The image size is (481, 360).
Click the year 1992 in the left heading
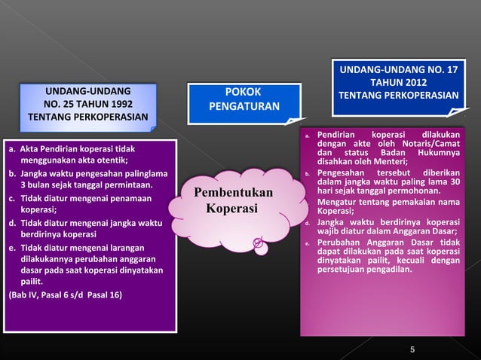pyautogui.click(x=123, y=105)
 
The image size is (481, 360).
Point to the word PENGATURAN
pyautogui.click(x=244, y=107)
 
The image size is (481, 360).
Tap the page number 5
pyautogui.click(x=412, y=349)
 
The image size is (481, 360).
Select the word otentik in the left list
pyautogui.click(x=109, y=160)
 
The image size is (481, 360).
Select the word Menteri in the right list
pyautogui.click(x=388, y=160)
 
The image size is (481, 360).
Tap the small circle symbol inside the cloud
pyautogui.click(x=257, y=242)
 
